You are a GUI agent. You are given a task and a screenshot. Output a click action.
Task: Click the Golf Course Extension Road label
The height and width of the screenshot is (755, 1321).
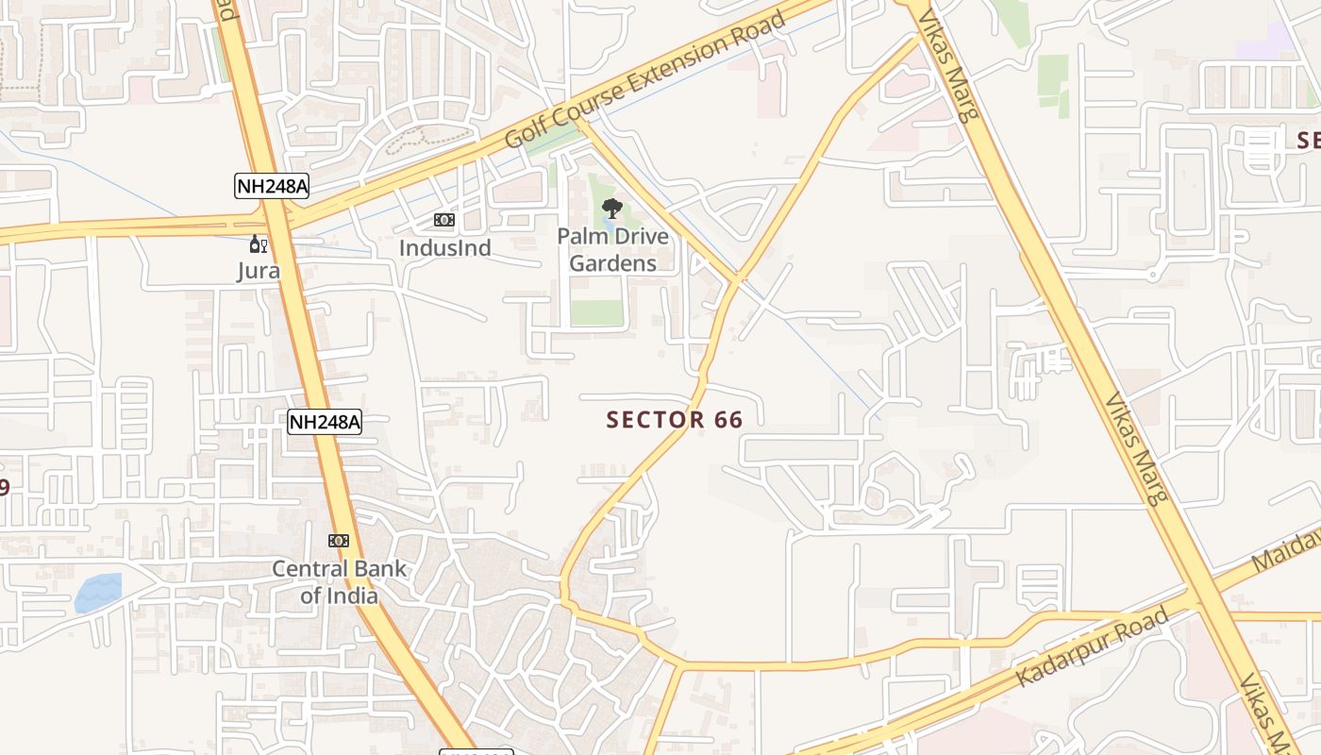click(645, 79)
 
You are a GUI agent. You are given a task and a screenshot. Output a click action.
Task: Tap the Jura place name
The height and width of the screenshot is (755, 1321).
click(258, 271)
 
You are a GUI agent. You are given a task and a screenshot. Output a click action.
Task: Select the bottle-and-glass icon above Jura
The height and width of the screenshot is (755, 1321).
click(258, 244)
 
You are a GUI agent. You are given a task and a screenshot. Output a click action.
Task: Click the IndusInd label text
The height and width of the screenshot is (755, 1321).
click(445, 248)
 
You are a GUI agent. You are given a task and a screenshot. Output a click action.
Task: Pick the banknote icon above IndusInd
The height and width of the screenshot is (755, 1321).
click(444, 220)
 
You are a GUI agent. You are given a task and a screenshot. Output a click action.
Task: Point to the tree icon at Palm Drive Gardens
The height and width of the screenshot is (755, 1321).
click(611, 208)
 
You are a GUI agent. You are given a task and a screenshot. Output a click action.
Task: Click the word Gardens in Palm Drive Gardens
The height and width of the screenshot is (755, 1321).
click(612, 263)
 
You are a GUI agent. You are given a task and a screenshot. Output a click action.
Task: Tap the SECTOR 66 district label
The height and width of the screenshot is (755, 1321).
click(675, 420)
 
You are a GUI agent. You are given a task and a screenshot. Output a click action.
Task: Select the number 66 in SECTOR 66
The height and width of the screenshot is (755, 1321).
click(728, 420)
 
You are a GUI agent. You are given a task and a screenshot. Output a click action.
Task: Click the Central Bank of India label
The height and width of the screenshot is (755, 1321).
click(339, 582)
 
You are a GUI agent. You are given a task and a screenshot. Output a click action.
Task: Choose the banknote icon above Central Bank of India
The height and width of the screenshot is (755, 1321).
click(339, 541)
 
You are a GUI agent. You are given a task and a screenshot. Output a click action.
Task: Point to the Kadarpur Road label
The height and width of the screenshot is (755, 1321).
click(1092, 647)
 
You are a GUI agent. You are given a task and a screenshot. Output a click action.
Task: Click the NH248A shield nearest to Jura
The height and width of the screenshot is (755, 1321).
click(272, 186)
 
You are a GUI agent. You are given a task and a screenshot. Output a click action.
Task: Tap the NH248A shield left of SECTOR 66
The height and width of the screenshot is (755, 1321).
click(325, 422)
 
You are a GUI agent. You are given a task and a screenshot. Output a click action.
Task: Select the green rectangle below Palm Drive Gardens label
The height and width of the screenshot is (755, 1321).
click(596, 312)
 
